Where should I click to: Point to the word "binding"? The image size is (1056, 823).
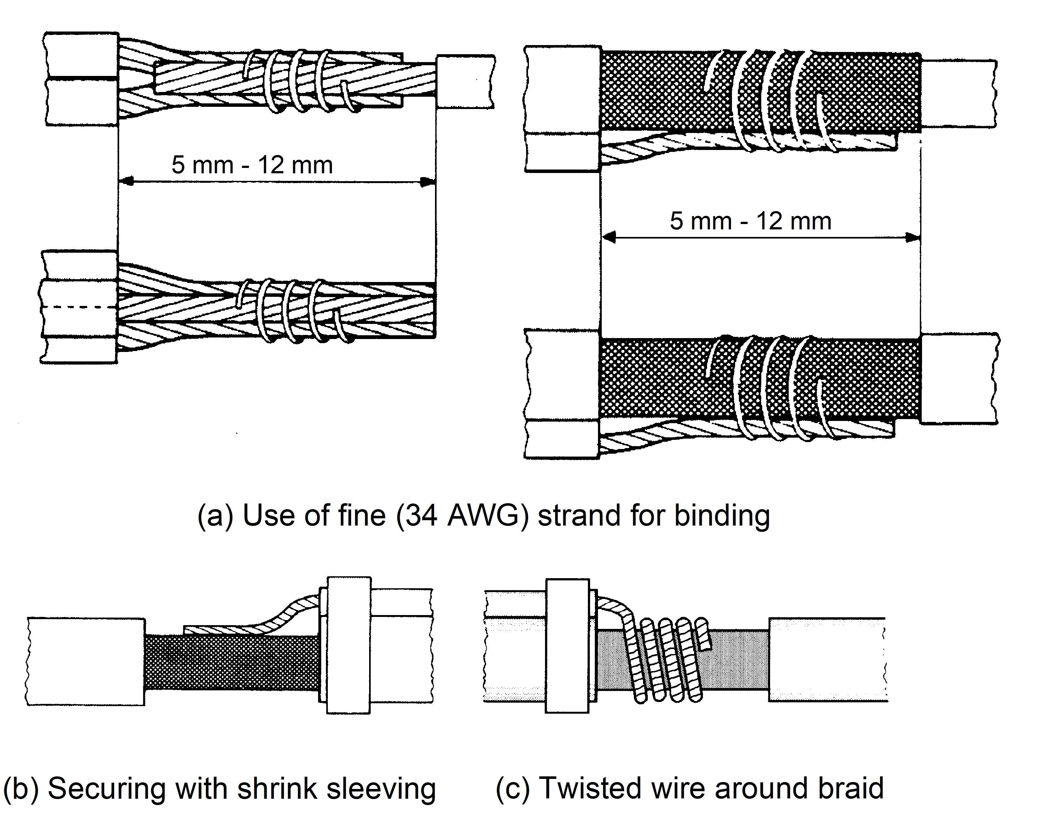[x=722, y=516]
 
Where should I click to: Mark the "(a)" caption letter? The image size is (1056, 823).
[x=215, y=516]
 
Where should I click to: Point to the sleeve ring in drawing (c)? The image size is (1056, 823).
[x=567, y=645]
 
